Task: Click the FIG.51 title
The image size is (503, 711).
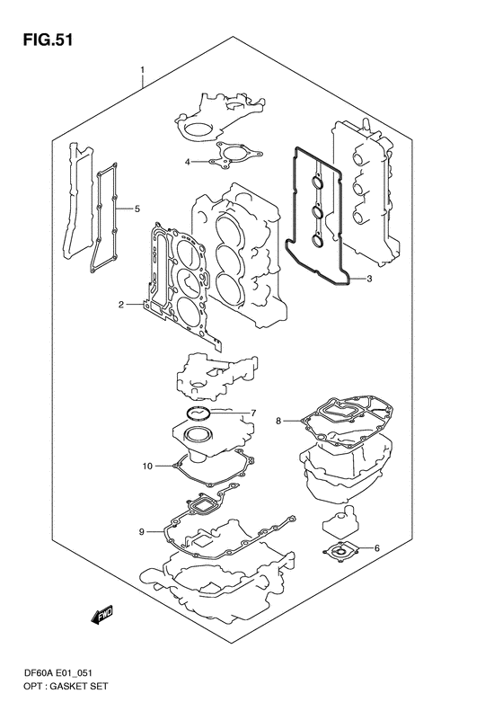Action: pyautogui.click(x=48, y=40)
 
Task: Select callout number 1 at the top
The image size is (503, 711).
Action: pyautogui.click(x=142, y=70)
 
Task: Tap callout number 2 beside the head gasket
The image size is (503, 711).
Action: pyautogui.click(x=121, y=305)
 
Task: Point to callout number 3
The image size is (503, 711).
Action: pyautogui.click(x=369, y=279)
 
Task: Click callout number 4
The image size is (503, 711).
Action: pyautogui.click(x=187, y=162)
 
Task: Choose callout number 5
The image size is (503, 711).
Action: pyautogui.click(x=137, y=209)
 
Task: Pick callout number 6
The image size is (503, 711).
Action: pyautogui.click(x=376, y=548)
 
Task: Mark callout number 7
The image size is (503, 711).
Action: pyautogui.click(x=254, y=413)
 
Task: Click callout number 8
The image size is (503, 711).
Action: pyautogui.click(x=278, y=422)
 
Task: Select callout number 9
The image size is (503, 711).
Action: pyautogui.click(x=141, y=532)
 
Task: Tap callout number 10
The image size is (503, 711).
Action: pyautogui.click(x=147, y=466)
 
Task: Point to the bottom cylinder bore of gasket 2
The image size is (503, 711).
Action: pyautogui.click(x=189, y=312)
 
